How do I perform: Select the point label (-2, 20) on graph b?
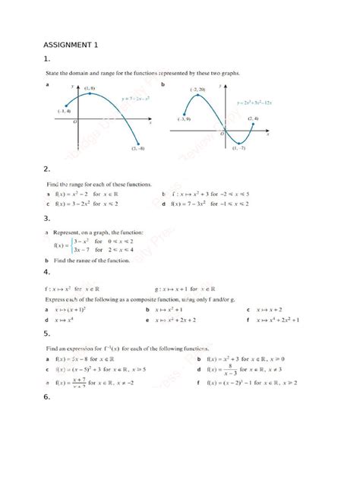point(199,90)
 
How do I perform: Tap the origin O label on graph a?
point(74,122)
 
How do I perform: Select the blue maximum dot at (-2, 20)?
point(199,96)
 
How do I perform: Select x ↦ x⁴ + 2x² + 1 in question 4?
point(276,321)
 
